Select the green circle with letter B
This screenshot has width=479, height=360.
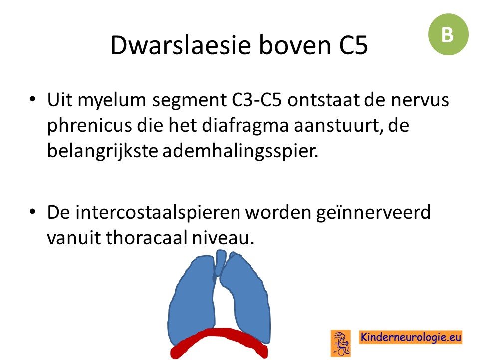448,34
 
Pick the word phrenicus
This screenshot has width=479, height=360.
89,126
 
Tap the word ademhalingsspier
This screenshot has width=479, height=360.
240,151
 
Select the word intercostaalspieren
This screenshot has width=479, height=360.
158,213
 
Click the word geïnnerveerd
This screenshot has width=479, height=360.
373,213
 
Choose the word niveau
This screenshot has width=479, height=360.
223,238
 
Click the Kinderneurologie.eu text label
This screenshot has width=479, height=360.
410,337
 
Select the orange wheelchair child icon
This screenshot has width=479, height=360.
341,343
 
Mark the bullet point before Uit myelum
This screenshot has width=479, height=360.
32,99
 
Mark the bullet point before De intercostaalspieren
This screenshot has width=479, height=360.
32,212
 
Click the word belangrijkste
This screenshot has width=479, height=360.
102,151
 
